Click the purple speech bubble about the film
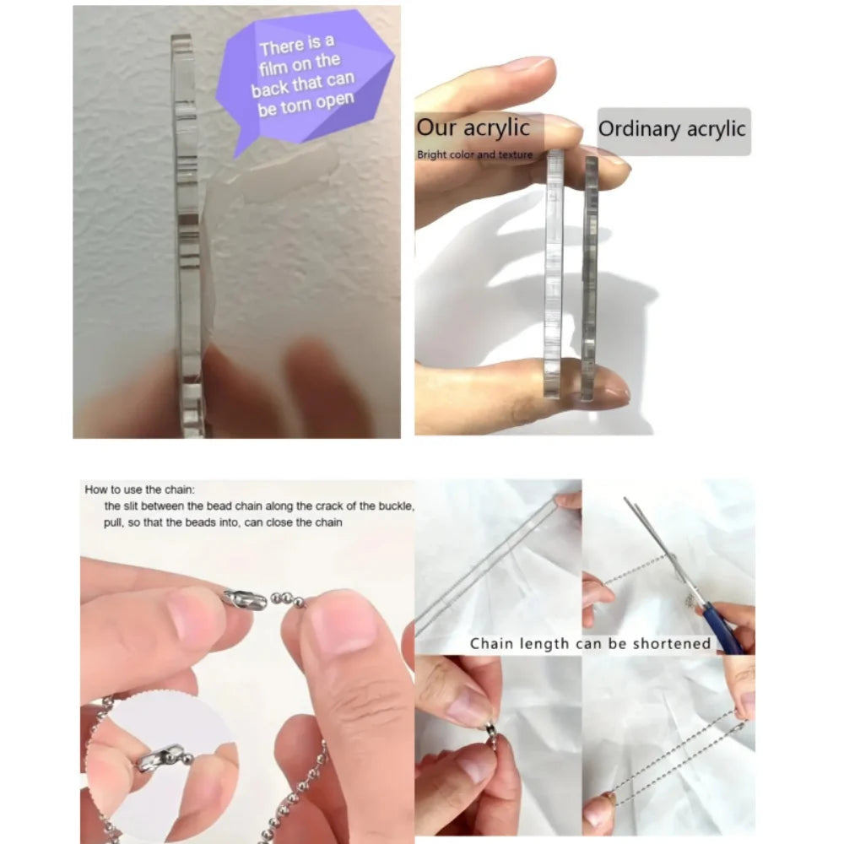pyautogui.click(x=304, y=81)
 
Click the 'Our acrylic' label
pyautogui.click(x=473, y=127)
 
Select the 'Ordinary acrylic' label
pyautogui.click(x=672, y=129)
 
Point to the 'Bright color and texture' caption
pyautogui.click(x=474, y=154)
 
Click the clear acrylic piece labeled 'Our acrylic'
pyautogui.click(x=554, y=273)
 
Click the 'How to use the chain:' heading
pyautogui.click(x=139, y=490)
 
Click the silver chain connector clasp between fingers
pyautogui.click(x=246, y=598)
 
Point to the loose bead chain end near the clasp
pyautogui.click(x=288, y=599)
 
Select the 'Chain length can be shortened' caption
pyautogui.click(x=591, y=644)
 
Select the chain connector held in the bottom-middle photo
pyautogui.click(x=491, y=733)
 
